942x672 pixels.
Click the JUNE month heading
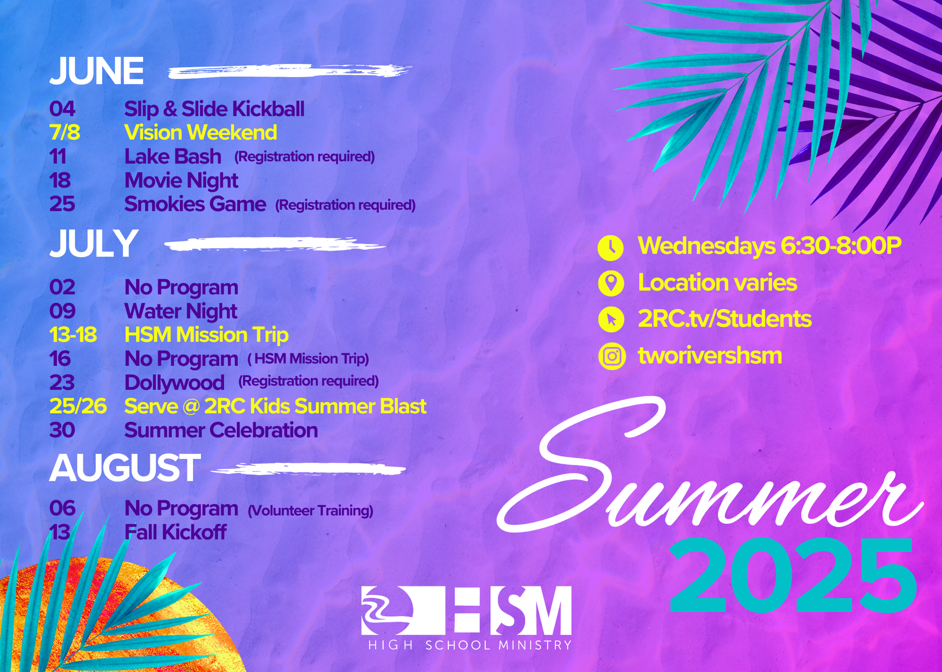tap(97, 71)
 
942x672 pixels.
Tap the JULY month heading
tap(93, 243)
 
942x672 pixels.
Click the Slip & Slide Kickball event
tap(214, 109)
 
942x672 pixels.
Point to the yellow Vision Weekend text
tap(201, 133)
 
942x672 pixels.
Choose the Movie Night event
tap(181, 181)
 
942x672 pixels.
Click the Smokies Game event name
tap(195, 204)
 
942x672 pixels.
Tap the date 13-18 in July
tap(73, 335)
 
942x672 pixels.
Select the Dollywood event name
tap(174, 383)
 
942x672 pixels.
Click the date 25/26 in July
tap(78, 407)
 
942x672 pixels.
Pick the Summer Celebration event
tap(221, 431)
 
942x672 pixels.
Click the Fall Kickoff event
tap(175, 532)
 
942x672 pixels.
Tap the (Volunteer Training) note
tap(310, 511)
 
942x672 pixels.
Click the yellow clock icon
tap(611, 248)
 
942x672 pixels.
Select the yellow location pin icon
tap(611, 283)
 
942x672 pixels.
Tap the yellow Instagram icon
tap(612, 356)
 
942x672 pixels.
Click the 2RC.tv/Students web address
tap(725, 319)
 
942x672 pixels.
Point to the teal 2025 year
tap(793, 576)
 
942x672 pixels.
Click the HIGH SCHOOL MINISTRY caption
tap(470, 645)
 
